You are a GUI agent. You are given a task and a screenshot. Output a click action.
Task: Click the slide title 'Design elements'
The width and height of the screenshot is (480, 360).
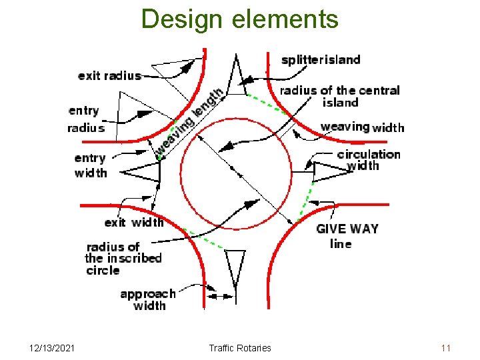pyautogui.click(x=240, y=19)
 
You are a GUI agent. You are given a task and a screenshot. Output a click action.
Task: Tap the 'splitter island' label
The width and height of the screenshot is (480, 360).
pyautogui.click(x=321, y=60)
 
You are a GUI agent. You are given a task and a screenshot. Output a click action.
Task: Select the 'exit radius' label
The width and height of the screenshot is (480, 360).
pyautogui.click(x=109, y=75)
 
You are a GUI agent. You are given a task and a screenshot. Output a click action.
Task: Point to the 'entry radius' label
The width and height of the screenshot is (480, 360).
pyautogui.click(x=85, y=119)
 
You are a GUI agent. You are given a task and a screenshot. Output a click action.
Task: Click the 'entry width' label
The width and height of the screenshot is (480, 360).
pyautogui.click(x=90, y=165)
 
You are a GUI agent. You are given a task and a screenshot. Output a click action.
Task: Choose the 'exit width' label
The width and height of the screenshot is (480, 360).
pyautogui.click(x=133, y=223)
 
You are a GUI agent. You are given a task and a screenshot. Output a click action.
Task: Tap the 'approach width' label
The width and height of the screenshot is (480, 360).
pyautogui.click(x=148, y=299)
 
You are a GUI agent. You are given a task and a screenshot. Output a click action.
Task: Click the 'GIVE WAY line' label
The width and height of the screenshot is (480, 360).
pyautogui.click(x=347, y=236)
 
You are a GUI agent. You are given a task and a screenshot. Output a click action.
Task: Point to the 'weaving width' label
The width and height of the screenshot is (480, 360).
pyautogui.click(x=362, y=127)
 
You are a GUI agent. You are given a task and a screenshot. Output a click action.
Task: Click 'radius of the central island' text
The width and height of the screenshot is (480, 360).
pyautogui.click(x=340, y=96)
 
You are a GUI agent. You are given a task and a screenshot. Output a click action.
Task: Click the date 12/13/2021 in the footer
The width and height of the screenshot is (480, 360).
pyautogui.click(x=53, y=348)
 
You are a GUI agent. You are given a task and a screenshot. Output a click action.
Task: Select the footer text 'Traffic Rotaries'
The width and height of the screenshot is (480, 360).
pyautogui.click(x=240, y=348)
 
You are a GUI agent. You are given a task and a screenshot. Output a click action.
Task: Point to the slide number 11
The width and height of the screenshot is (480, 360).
pyautogui.click(x=446, y=348)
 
